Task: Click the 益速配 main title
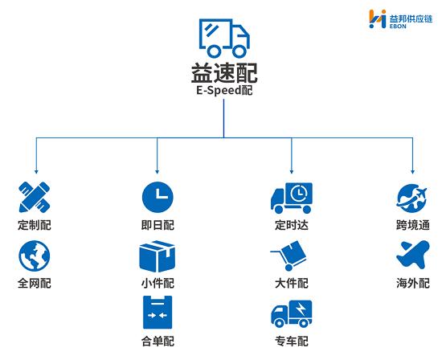224,73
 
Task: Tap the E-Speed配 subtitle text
224,90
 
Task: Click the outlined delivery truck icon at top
224,38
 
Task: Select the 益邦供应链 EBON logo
401,19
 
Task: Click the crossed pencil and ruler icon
35,197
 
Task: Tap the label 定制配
35,225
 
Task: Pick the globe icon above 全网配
35,256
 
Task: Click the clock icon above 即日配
158,197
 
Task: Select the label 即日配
158,225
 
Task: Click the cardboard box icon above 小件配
158,256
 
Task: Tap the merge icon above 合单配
158,313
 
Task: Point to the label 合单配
158,341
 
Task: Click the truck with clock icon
292,198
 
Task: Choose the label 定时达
292,225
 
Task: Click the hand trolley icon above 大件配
288,256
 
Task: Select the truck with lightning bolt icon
292,313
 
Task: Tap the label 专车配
292,341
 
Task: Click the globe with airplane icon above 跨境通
412,198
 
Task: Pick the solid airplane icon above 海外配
413,255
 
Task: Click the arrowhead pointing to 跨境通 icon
413,172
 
